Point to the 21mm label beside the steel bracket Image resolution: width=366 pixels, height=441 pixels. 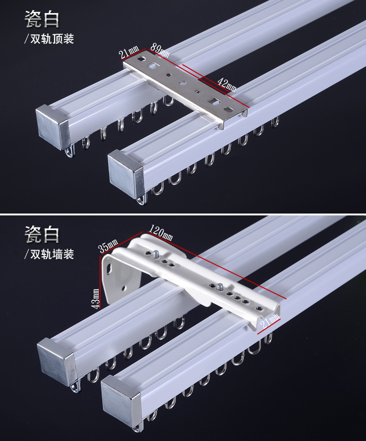tap(129, 52)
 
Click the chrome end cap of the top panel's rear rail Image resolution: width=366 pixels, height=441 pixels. tap(52, 126)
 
